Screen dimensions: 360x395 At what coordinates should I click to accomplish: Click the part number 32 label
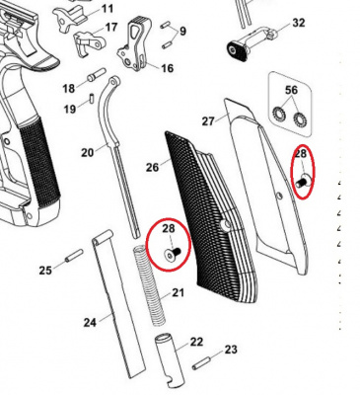coord(299,23)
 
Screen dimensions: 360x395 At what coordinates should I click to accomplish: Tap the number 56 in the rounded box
coord(291,90)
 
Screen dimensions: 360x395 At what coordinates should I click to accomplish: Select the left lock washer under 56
coord(279,115)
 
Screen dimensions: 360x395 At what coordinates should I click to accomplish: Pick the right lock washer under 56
coord(300,118)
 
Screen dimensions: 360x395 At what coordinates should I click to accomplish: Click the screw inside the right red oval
coord(303,182)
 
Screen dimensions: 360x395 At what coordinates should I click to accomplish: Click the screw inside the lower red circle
coord(173,253)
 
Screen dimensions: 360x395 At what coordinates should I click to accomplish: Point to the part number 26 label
coord(152,167)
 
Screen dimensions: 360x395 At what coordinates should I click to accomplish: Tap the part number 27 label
coord(208,121)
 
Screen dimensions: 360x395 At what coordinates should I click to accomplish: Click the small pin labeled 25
coord(74,256)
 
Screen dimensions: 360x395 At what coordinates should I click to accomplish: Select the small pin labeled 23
coord(201,361)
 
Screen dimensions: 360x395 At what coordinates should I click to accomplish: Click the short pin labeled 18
coord(97,75)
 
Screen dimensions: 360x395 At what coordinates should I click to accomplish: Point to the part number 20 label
coord(88,152)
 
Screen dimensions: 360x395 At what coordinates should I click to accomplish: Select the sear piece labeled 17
coord(89,42)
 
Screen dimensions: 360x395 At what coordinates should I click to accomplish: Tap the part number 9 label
coord(182,32)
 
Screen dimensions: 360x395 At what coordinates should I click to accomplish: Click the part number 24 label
coord(90,323)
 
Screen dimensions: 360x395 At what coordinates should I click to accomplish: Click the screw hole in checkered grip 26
coord(225,226)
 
